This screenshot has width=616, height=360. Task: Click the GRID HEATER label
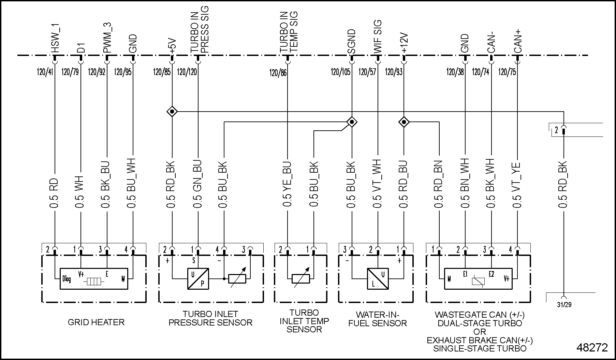pyautogui.click(x=96, y=322)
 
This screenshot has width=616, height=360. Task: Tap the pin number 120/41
pyautogui.click(x=45, y=72)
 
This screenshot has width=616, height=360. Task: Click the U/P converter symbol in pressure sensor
pyautogui.click(x=198, y=279)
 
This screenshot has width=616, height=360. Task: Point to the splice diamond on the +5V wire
pyautogui.click(x=172, y=111)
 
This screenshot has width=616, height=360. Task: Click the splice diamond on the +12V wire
pyautogui.click(x=404, y=122)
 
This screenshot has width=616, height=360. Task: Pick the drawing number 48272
pyautogui.click(x=592, y=348)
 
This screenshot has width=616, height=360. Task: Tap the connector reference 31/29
pyautogui.click(x=564, y=304)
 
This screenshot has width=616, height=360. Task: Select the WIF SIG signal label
pyautogui.click(x=378, y=37)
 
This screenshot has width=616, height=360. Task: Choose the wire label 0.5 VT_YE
pyautogui.click(x=517, y=184)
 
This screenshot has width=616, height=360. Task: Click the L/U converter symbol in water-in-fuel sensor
pyautogui.click(x=378, y=279)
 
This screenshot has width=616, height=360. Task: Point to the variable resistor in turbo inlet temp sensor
pyautogui.click(x=301, y=279)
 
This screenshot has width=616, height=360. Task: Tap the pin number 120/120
pyautogui.click(x=187, y=72)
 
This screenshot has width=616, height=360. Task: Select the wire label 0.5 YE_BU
pyautogui.click(x=288, y=184)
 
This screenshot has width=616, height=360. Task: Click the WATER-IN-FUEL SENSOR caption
pyautogui.click(x=378, y=319)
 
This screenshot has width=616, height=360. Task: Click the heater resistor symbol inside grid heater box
pyautogui.click(x=94, y=282)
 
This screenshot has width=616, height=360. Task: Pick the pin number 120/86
pyautogui.click(x=278, y=72)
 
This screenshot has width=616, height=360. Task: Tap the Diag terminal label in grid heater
pyautogui.click(x=67, y=279)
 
